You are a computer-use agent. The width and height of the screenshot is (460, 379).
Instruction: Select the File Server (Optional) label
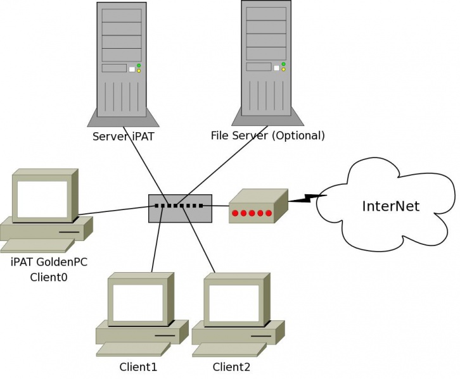point(267,136)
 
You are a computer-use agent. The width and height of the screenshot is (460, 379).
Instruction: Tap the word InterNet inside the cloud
point(390,206)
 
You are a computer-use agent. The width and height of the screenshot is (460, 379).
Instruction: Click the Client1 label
point(138,367)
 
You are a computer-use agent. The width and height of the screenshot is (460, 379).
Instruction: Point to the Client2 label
point(231,367)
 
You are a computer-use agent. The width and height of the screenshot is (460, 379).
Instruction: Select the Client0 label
point(49,276)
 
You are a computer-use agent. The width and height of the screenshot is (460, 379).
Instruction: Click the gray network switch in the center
point(180,208)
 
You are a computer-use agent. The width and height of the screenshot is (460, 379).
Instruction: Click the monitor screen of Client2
point(234,303)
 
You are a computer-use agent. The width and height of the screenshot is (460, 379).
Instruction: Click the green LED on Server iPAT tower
point(139,65)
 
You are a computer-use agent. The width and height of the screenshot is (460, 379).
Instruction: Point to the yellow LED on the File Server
point(283,69)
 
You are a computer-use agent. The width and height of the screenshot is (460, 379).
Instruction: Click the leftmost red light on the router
point(235,213)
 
